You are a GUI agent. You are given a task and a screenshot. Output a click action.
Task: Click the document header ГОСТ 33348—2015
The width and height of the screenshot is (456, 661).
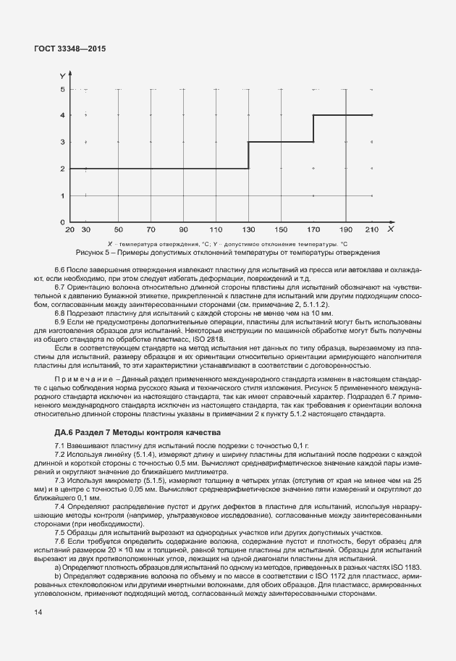[71, 49]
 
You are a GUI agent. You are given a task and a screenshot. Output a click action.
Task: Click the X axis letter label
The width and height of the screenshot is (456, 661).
[389, 229]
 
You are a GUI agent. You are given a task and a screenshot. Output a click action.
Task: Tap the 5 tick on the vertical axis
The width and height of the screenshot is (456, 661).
[63, 89]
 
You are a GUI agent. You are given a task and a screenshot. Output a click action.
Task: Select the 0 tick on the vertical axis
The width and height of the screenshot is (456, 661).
[63, 222]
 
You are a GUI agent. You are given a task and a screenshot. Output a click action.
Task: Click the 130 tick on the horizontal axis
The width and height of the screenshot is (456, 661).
[248, 230]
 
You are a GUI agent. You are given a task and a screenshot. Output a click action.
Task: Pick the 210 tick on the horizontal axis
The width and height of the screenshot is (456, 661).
[372, 230]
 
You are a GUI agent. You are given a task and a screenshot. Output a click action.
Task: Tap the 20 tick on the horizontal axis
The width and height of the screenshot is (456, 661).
[69, 230]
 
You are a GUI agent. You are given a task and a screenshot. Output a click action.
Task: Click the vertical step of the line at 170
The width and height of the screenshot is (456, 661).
[313, 128]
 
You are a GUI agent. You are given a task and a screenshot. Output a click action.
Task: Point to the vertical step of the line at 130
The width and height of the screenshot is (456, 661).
[248, 155]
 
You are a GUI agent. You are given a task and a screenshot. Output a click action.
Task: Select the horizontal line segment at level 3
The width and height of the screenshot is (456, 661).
[280, 142]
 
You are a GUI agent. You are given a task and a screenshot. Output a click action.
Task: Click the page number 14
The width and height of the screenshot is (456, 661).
[38, 613]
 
